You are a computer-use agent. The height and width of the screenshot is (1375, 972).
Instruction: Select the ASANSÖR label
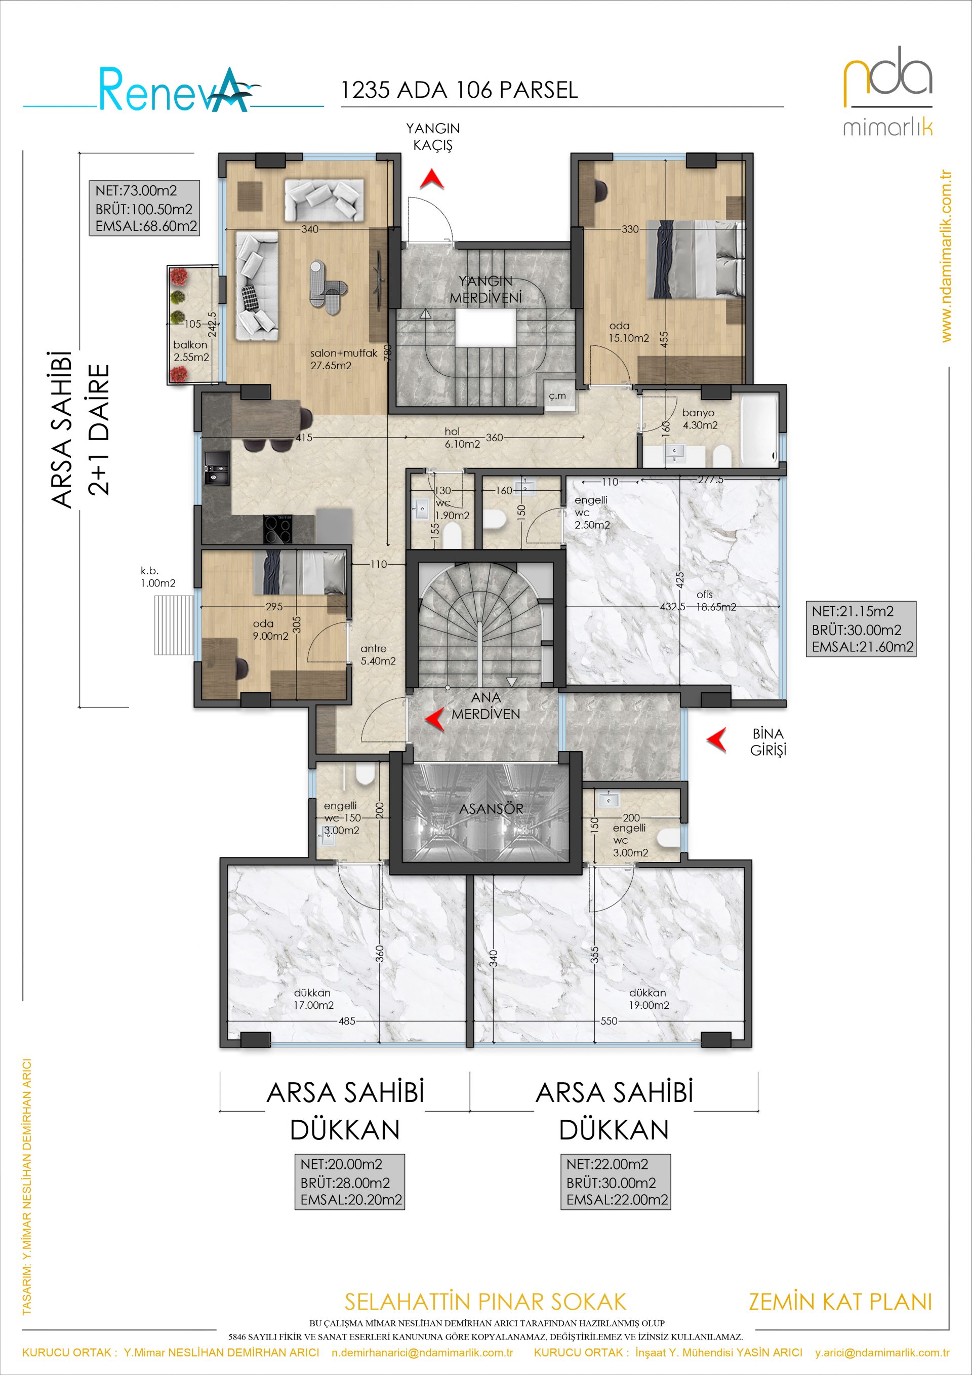491,809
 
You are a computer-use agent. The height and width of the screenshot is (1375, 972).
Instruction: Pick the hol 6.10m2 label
462,438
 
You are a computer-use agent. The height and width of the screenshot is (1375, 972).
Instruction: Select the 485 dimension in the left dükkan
347,1021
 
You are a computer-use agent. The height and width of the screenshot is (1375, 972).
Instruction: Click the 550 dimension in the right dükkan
608,1021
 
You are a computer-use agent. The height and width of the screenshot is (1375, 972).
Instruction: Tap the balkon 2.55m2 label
191,351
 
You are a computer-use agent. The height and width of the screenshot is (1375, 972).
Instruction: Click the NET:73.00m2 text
136,191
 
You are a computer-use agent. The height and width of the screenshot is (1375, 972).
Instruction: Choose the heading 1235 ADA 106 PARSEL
459,90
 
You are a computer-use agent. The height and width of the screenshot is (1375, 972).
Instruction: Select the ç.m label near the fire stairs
557,396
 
